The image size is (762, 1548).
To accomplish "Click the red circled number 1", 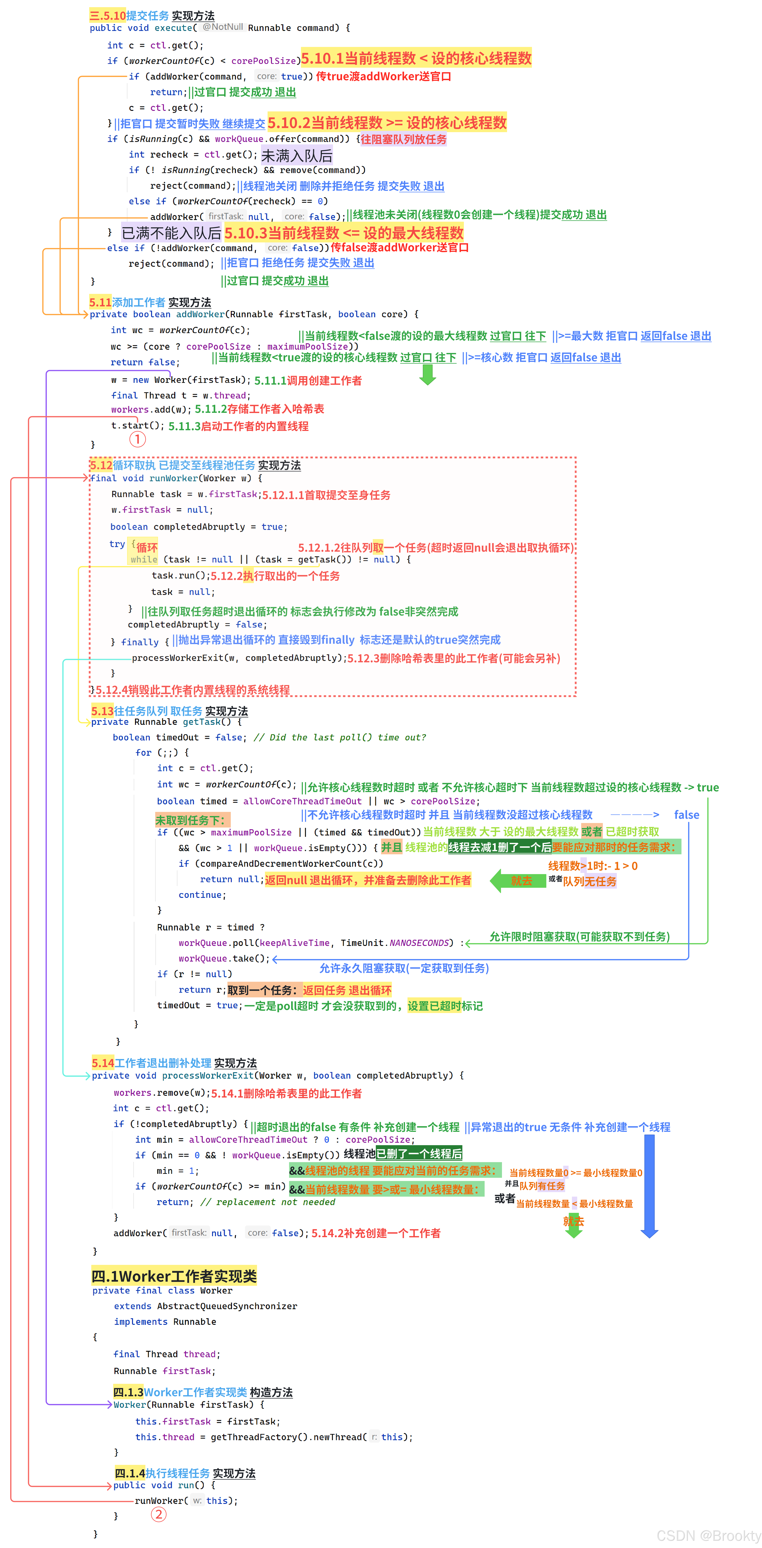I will coord(137,439).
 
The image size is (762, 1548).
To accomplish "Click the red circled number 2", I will coord(158,1514).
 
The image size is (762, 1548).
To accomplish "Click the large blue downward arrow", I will coord(649,1184).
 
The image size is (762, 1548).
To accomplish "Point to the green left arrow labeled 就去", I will coord(514,881).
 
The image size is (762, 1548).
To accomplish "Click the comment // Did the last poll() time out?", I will coord(340,737).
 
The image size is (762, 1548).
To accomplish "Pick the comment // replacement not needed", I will coord(267,1202).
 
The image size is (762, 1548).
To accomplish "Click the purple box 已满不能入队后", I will coord(171,233).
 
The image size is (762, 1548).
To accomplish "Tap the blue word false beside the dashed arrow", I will coord(686,815).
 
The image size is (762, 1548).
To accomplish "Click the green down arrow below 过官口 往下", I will coord(427,374).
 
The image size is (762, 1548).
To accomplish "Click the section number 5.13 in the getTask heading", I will coord(102,711).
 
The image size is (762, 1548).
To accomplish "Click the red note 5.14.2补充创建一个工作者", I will coord(376,1233).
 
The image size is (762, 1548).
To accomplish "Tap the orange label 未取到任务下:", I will coord(191,820).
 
